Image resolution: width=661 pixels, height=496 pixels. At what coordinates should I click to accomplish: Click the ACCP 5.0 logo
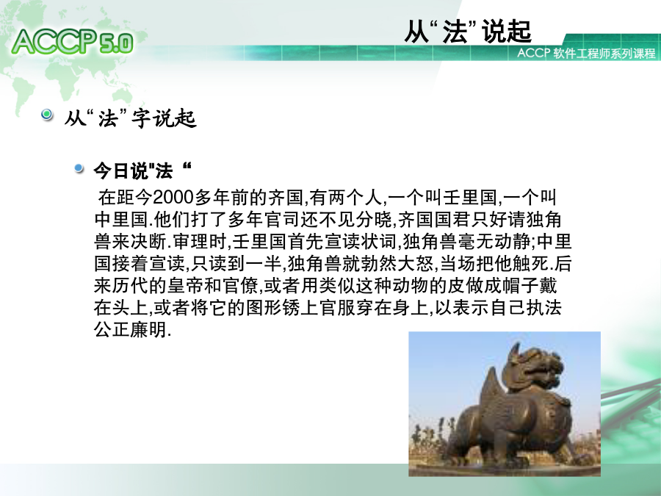coord(73,42)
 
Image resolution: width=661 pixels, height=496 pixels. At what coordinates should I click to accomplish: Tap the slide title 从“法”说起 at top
coord(468,31)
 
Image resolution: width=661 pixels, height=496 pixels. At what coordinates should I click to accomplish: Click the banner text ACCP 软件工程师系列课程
coord(586,54)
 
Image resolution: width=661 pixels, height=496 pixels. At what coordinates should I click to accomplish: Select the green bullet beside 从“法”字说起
coord(47,115)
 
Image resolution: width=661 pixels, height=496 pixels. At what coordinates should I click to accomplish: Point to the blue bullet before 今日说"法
coord(79,168)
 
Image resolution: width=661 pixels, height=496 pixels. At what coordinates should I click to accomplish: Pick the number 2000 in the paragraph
coord(173,197)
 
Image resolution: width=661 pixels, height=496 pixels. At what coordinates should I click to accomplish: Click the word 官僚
coord(240,286)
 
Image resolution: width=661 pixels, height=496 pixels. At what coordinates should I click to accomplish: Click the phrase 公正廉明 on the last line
coord(130,330)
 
